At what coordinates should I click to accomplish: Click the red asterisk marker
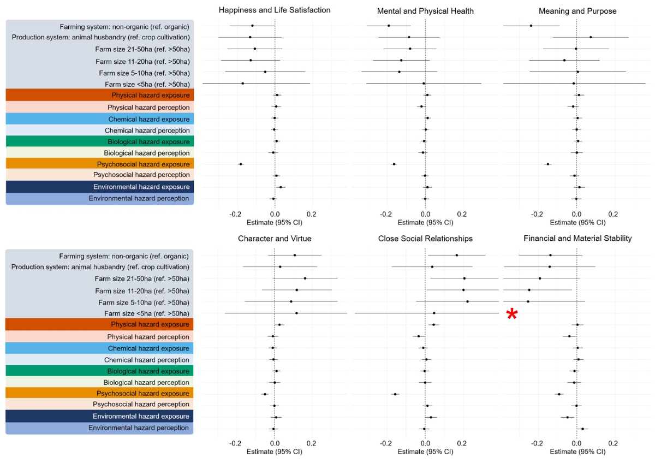[x=512, y=314]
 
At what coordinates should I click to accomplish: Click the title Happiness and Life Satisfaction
[x=275, y=10]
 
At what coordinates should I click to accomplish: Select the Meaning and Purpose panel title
[x=576, y=10]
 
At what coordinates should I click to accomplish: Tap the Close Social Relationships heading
[x=425, y=239]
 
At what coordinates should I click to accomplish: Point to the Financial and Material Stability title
[x=577, y=239]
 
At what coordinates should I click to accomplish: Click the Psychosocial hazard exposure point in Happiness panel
[x=240, y=164]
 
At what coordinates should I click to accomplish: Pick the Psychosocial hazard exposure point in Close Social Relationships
[x=395, y=394]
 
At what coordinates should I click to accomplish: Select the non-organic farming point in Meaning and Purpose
[x=531, y=26]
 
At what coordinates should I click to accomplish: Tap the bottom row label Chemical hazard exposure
[x=148, y=348]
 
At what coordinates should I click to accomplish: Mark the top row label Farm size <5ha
[x=147, y=84]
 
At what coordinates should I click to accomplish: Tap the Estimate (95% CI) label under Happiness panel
[x=275, y=222]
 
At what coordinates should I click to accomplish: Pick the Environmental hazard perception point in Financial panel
[x=582, y=429]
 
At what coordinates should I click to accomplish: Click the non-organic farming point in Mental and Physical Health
[x=389, y=26]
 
